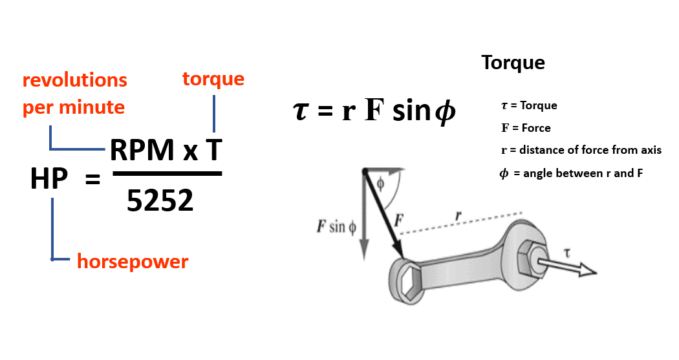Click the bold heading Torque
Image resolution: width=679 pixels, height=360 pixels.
point(513,63)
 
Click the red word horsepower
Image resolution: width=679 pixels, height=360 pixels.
point(133,262)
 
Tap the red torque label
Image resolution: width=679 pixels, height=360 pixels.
point(213,79)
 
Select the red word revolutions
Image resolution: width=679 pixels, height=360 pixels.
point(75,80)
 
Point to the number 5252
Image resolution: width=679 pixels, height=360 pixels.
point(160,201)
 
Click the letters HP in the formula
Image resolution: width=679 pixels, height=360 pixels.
point(49,178)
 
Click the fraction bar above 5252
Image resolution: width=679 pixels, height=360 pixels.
point(167,173)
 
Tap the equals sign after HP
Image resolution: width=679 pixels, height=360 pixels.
point(92,180)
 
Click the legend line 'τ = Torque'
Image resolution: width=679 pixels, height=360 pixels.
point(528,105)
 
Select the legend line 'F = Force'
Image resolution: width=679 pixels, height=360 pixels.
point(526,128)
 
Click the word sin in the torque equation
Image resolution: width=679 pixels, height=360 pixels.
point(411,111)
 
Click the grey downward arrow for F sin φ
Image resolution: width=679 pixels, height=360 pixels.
point(364,220)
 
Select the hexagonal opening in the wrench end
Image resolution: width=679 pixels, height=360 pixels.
point(409,280)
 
